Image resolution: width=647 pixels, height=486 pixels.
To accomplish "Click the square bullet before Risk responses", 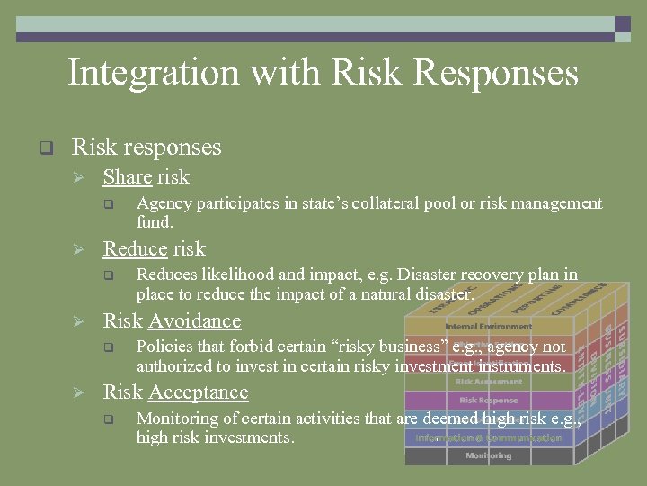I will click(46, 147).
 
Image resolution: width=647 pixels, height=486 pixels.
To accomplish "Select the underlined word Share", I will click(127, 177).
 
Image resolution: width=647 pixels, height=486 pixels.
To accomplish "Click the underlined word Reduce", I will click(136, 249).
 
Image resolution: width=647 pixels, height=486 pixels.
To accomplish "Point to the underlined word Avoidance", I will click(195, 321).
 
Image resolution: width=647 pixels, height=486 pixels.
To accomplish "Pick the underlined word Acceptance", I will click(199, 392).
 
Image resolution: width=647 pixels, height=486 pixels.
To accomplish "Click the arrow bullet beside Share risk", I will click(78, 177).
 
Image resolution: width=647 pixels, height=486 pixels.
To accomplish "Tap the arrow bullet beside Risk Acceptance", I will click(78, 393).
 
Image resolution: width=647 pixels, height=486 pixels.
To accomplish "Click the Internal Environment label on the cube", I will click(488, 326).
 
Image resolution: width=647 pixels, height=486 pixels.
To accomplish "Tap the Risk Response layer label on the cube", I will click(488, 400).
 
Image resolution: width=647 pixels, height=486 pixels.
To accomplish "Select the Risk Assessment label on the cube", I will click(488, 382).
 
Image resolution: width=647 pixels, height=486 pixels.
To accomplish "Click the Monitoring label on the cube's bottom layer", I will click(488, 455).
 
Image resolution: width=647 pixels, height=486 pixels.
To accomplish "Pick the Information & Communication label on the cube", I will click(488, 437).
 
